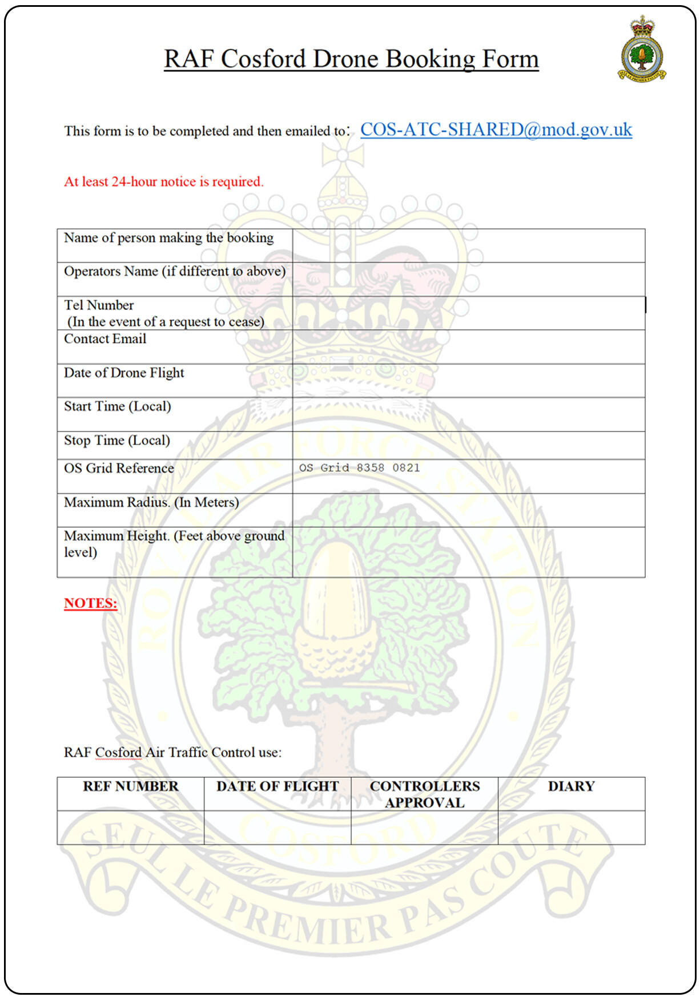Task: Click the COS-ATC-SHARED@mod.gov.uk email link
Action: (496, 130)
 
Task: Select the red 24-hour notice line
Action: (163, 182)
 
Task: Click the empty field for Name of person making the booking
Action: (468, 246)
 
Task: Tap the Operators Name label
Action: (174, 272)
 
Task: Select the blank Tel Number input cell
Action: (468, 313)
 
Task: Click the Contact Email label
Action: (105, 339)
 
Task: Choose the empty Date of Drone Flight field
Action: (468, 381)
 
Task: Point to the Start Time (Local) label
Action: (118, 406)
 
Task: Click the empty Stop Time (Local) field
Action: (468, 445)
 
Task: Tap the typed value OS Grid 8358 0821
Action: (359, 468)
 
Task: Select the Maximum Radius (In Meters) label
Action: (151, 502)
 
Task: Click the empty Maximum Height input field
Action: (468, 552)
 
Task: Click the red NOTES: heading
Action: (90, 604)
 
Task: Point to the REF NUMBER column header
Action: (131, 786)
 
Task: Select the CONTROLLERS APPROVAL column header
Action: (425, 794)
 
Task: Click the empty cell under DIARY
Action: (571, 828)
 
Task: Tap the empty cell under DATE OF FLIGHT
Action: (277, 828)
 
